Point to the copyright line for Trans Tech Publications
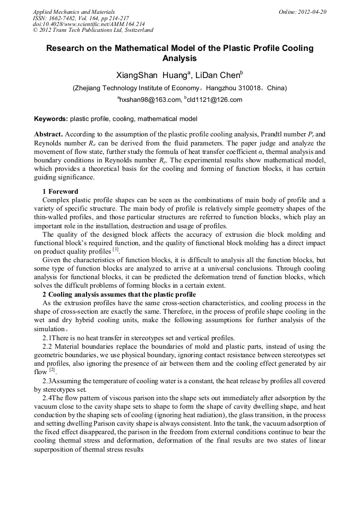(92, 31)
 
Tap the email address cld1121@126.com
(214, 99)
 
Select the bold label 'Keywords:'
(51, 119)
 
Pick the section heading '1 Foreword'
(60, 192)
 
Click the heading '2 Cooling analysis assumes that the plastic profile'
(119, 295)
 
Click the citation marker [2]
(53, 369)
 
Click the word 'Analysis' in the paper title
(179, 58)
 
